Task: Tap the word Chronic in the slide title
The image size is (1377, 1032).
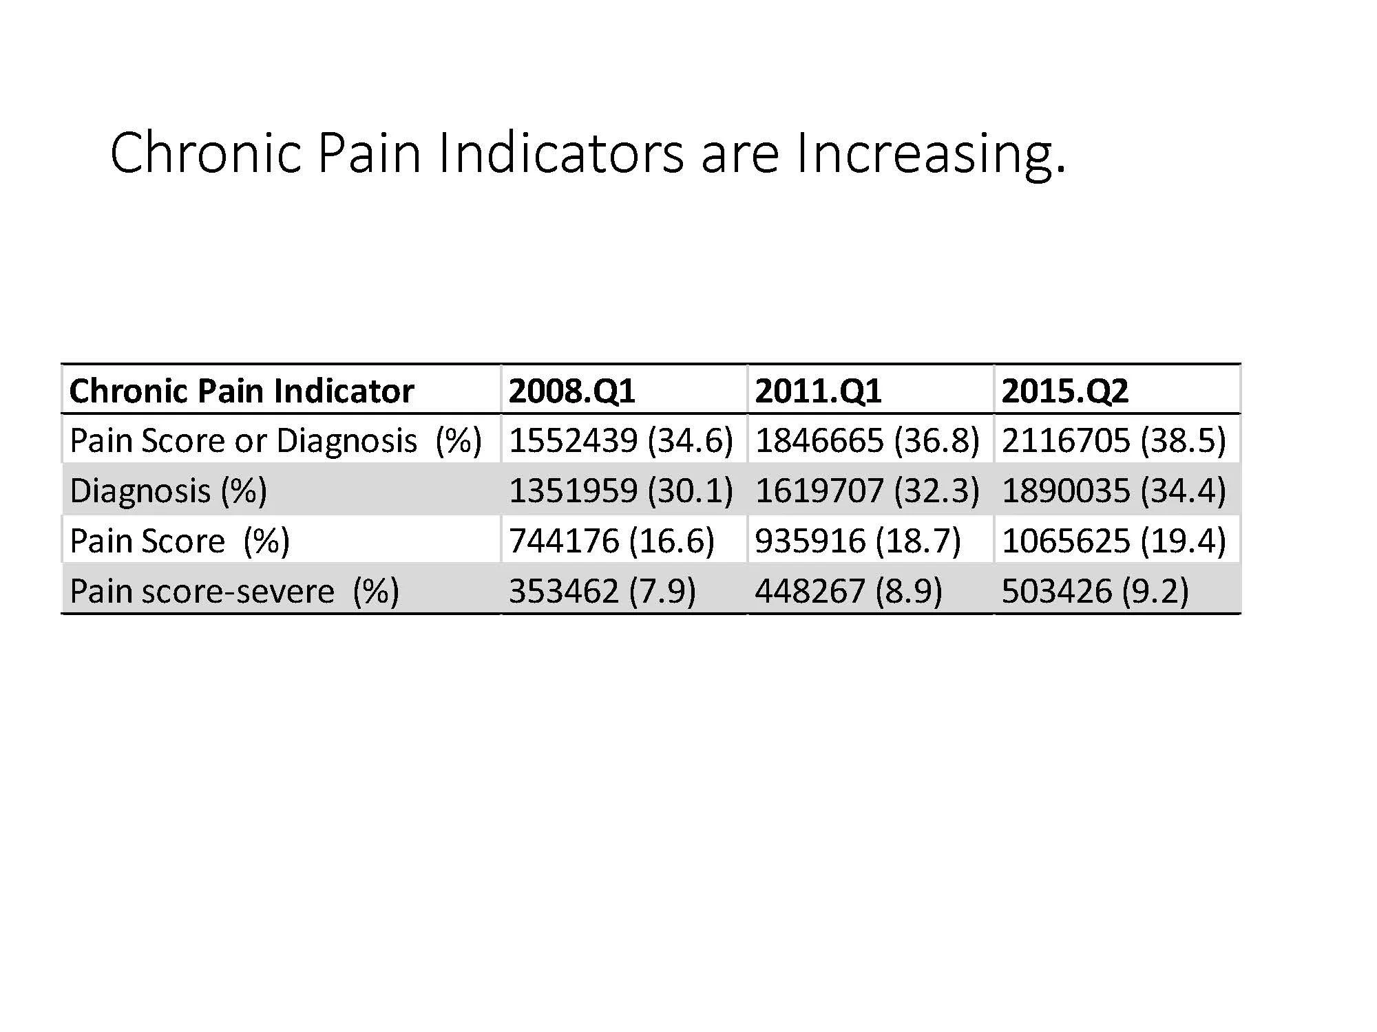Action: click(x=205, y=153)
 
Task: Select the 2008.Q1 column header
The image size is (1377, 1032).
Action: click(x=571, y=391)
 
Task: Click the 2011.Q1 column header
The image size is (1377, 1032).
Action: click(x=818, y=391)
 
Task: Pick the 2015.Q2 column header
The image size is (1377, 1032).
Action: click(x=1064, y=391)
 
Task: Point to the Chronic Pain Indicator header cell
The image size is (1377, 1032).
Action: click(x=242, y=391)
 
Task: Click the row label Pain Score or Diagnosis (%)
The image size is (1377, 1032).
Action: click(x=275, y=440)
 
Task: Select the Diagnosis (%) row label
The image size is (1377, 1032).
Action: click(x=169, y=491)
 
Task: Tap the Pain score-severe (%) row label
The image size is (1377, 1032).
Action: click(x=234, y=591)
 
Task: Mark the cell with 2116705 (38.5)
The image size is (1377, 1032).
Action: click(x=1114, y=440)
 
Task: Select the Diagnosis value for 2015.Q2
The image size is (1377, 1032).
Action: click(x=1114, y=491)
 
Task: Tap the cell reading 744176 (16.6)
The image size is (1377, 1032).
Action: click(x=611, y=541)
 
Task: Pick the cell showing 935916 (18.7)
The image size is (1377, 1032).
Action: click(x=858, y=541)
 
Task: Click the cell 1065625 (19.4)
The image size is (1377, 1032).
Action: click(x=1114, y=541)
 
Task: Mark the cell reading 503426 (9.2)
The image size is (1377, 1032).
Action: click(x=1095, y=591)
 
